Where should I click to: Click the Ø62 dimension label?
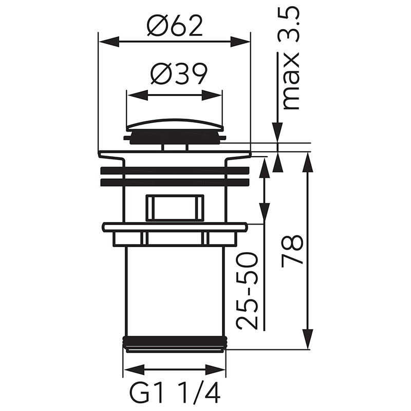click(x=175, y=26)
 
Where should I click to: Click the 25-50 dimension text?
click(x=247, y=290)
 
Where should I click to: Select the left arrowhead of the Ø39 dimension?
click(x=136, y=95)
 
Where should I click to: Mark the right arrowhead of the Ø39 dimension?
click(x=212, y=95)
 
